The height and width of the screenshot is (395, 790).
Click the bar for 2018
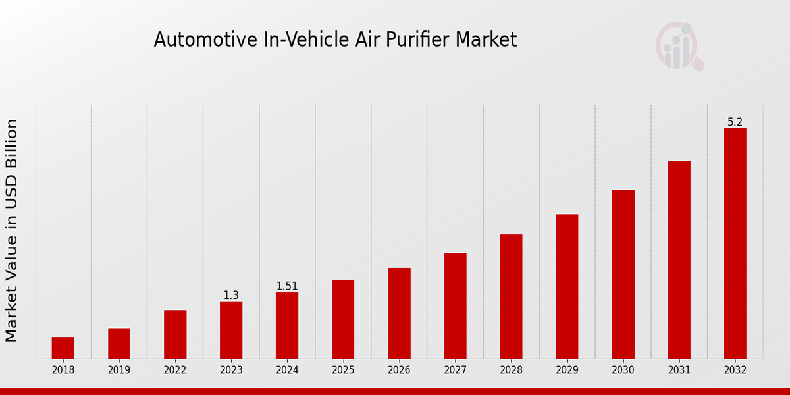pos(63,348)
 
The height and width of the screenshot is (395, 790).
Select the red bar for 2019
pos(119,343)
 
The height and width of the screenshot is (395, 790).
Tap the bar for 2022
pos(175,334)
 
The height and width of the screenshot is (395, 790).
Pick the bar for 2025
pos(343,319)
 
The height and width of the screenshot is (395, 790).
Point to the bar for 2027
pos(455,305)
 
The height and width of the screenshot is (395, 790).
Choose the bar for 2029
pos(567,286)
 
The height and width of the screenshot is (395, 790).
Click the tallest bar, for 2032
pos(735,244)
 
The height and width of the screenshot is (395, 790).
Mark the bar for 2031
pos(679,260)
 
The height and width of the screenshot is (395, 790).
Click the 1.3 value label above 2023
pos(231,296)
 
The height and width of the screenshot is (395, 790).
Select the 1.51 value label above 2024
pos(287,286)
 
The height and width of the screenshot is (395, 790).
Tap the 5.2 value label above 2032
pos(735,122)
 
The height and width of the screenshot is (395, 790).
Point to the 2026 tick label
pos(399,370)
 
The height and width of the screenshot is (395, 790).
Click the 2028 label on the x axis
pos(511,370)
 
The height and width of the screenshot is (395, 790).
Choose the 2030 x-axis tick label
pos(623,370)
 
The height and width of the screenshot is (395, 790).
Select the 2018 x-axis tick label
pos(63,370)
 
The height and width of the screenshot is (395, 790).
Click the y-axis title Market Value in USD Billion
pos(12,230)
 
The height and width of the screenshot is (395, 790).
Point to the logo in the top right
pos(679,46)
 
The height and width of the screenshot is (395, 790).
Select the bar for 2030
pos(623,274)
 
